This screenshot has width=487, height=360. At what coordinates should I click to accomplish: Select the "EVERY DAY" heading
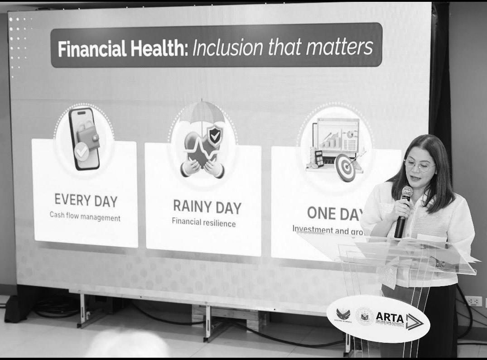click(86, 200)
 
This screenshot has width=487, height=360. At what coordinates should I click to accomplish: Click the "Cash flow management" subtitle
click(85, 217)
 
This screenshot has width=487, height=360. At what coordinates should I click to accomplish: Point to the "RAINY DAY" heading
click(207, 207)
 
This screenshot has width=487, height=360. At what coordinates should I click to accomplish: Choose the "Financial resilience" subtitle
click(203, 222)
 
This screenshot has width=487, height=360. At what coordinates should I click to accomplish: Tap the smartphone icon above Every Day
click(84, 139)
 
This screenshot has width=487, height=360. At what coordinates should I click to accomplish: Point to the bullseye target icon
click(346, 168)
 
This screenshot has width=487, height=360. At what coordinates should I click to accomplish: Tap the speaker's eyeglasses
click(419, 165)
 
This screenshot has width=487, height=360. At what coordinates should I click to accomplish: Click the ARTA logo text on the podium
click(390, 317)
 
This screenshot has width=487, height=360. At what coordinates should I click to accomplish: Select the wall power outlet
click(473, 301)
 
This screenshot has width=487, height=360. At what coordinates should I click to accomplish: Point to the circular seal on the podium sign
click(364, 316)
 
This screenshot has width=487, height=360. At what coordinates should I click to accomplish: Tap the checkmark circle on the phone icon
click(82, 153)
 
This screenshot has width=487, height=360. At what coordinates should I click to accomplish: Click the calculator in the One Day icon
click(319, 159)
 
